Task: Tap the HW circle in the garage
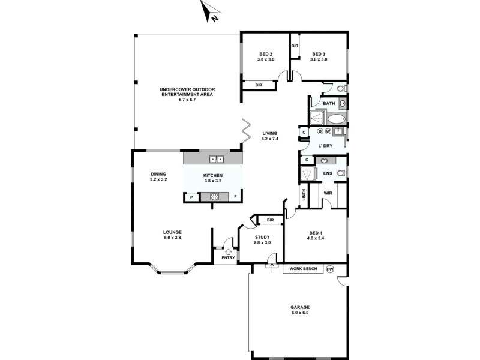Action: click(329, 269)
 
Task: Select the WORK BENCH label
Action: click(304, 269)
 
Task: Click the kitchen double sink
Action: click(216, 159)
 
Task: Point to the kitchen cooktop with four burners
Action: click(214, 196)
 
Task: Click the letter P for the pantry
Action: click(191, 197)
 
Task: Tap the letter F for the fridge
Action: click(235, 197)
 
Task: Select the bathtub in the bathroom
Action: click(337, 118)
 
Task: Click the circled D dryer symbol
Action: click(320, 131)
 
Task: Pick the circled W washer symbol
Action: click(328, 131)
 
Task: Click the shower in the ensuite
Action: click(308, 174)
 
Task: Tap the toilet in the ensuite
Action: click(341, 173)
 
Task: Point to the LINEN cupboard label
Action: click(304, 194)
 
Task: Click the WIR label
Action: click(328, 193)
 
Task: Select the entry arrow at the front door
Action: click(227, 251)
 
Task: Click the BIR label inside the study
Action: click(270, 220)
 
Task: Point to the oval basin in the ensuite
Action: click(325, 160)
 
